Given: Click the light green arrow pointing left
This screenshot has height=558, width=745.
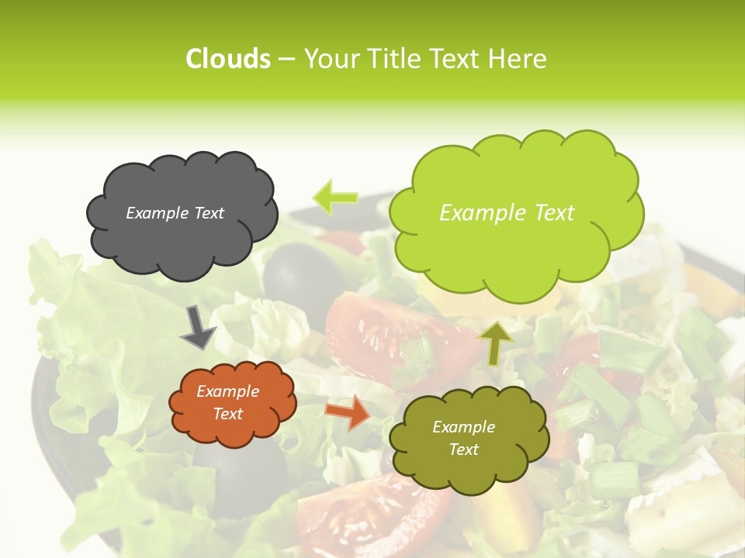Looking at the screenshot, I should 335,198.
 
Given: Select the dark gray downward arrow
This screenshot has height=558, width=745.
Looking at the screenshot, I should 198,326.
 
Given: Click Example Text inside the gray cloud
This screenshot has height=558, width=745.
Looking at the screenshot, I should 175,213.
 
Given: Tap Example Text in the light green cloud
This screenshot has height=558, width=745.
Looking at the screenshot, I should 507,213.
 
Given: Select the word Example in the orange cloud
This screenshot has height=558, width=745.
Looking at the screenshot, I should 227,391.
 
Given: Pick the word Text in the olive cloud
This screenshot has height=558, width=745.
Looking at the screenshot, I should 463,449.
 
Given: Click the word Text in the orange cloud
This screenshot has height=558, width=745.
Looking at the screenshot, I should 227,414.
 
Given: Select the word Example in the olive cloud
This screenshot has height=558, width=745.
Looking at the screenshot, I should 463,427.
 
